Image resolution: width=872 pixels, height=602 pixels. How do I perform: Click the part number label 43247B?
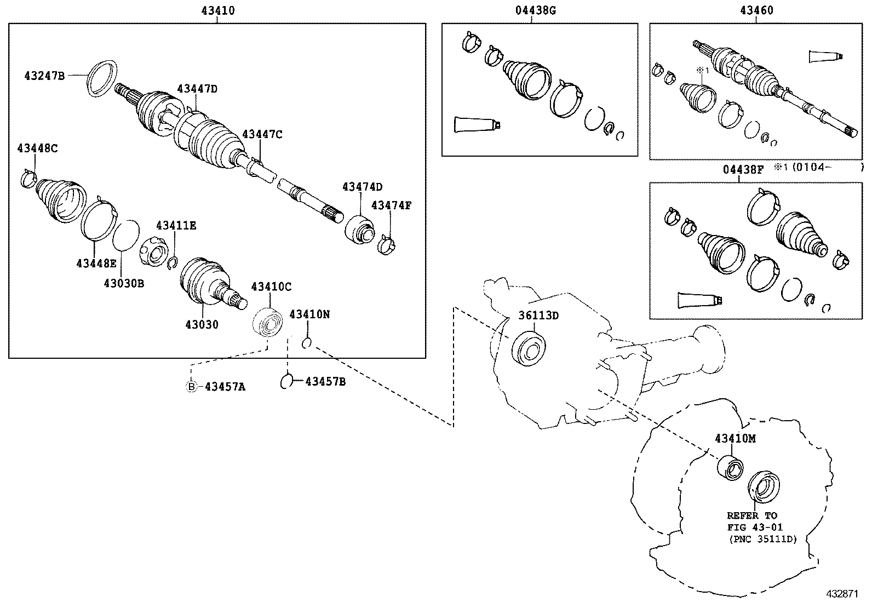tap(44, 76)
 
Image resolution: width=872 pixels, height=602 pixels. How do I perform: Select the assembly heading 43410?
tap(218, 10)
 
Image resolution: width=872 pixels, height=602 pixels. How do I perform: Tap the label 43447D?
tap(197, 89)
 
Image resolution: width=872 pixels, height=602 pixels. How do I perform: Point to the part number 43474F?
tap(391, 205)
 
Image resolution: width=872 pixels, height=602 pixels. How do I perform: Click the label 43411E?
tap(176, 225)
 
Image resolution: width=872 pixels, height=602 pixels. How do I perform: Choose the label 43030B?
tap(124, 283)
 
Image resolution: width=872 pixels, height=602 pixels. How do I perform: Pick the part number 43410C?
tap(271, 286)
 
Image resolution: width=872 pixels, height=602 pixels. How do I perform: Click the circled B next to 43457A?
tap(191, 387)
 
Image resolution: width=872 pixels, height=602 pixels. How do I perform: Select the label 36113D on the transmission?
tap(538, 316)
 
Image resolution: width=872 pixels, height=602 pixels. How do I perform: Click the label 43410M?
tap(735, 439)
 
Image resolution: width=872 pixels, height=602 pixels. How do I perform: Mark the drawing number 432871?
tap(844, 594)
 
